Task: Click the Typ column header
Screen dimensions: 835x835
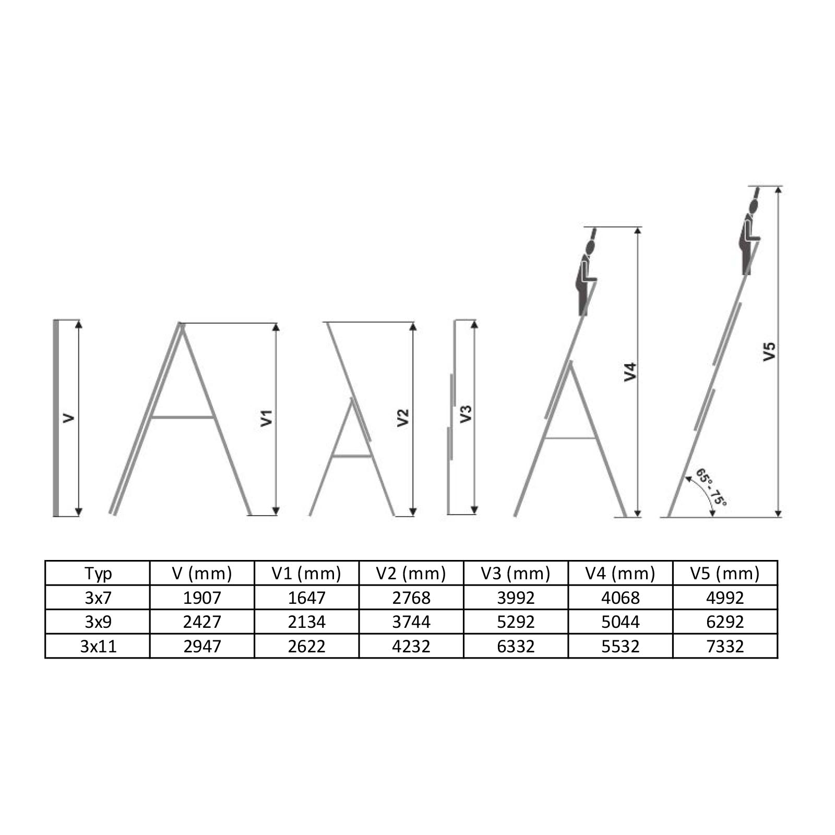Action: (98, 574)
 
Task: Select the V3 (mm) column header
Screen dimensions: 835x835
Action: (516, 574)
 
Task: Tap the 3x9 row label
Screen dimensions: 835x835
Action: (98, 622)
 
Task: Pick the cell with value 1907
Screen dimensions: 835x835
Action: (202, 598)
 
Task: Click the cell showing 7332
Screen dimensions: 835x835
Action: (725, 646)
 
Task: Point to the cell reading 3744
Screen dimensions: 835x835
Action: (411, 622)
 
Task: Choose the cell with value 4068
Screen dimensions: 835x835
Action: (621, 598)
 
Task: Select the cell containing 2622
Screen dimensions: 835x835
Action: (307, 646)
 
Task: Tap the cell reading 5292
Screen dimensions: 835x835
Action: (516, 622)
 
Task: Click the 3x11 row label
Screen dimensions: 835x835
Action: (98, 646)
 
